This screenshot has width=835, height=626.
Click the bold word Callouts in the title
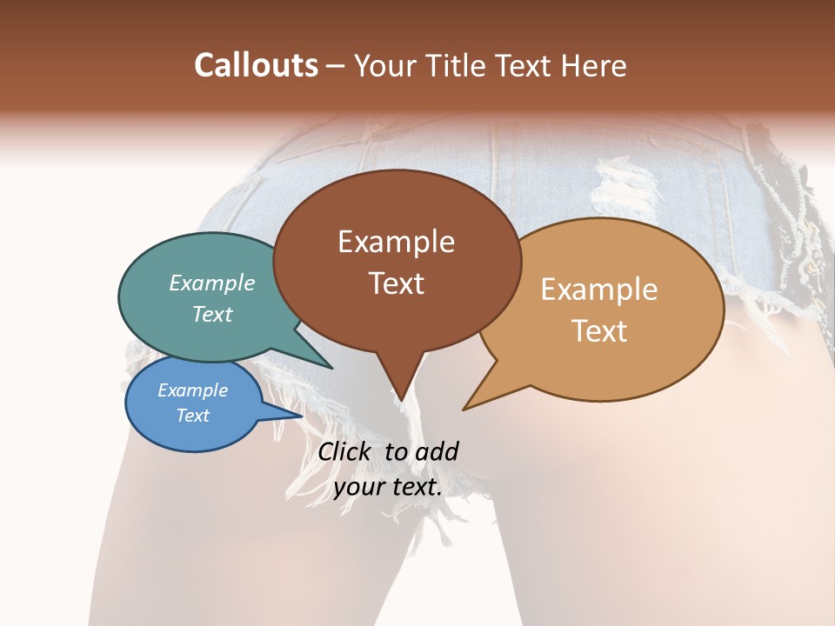pos(256,65)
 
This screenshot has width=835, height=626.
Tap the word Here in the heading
pos(590,65)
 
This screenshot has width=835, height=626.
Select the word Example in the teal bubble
pos(212,283)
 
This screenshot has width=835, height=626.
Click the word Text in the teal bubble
pos(212,314)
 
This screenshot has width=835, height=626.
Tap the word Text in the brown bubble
pos(396,283)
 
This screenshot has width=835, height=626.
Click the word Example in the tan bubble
pos(599,290)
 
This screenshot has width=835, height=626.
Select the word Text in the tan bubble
pos(599,330)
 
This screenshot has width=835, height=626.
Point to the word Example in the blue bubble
pos(192,390)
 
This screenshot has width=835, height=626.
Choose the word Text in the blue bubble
pos(192,416)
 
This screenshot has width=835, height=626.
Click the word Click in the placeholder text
pos(346,451)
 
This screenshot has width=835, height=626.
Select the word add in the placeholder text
pos(437,451)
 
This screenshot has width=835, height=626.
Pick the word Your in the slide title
pos(385,65)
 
